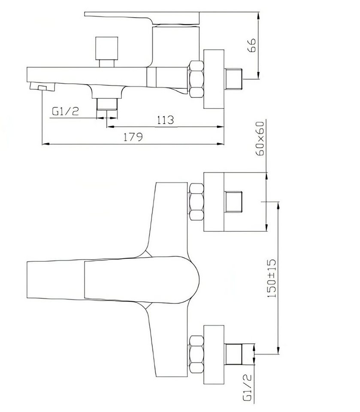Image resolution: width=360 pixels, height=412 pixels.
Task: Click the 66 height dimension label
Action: [252, 45]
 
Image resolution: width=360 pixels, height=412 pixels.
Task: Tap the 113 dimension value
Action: [166, 120]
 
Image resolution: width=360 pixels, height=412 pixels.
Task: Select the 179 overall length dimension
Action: [133, 137]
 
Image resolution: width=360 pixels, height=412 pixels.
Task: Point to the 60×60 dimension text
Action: [260, 139]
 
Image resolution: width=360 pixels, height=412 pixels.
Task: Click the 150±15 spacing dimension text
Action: [272, 278]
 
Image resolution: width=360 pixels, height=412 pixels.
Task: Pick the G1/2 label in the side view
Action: [65, 112]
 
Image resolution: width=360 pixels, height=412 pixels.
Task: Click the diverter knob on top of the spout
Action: [106, 52]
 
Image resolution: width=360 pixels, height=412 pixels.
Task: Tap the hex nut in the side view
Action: [196, 80]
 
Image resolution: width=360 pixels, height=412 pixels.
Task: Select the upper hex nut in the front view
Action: [196, 202]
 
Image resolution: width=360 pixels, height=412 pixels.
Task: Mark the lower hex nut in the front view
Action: [196, 354]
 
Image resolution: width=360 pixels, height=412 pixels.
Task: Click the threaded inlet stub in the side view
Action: [233, 79]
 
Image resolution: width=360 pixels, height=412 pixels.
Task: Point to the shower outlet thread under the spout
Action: [107, 104]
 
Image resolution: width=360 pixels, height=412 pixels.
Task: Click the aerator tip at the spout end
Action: [42, 86]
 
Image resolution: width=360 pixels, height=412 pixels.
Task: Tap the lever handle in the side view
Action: [142, 18]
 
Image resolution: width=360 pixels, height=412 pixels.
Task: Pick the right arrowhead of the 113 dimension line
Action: [220, 127]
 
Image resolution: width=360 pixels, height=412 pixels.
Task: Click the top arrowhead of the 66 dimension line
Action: [259, 15]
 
